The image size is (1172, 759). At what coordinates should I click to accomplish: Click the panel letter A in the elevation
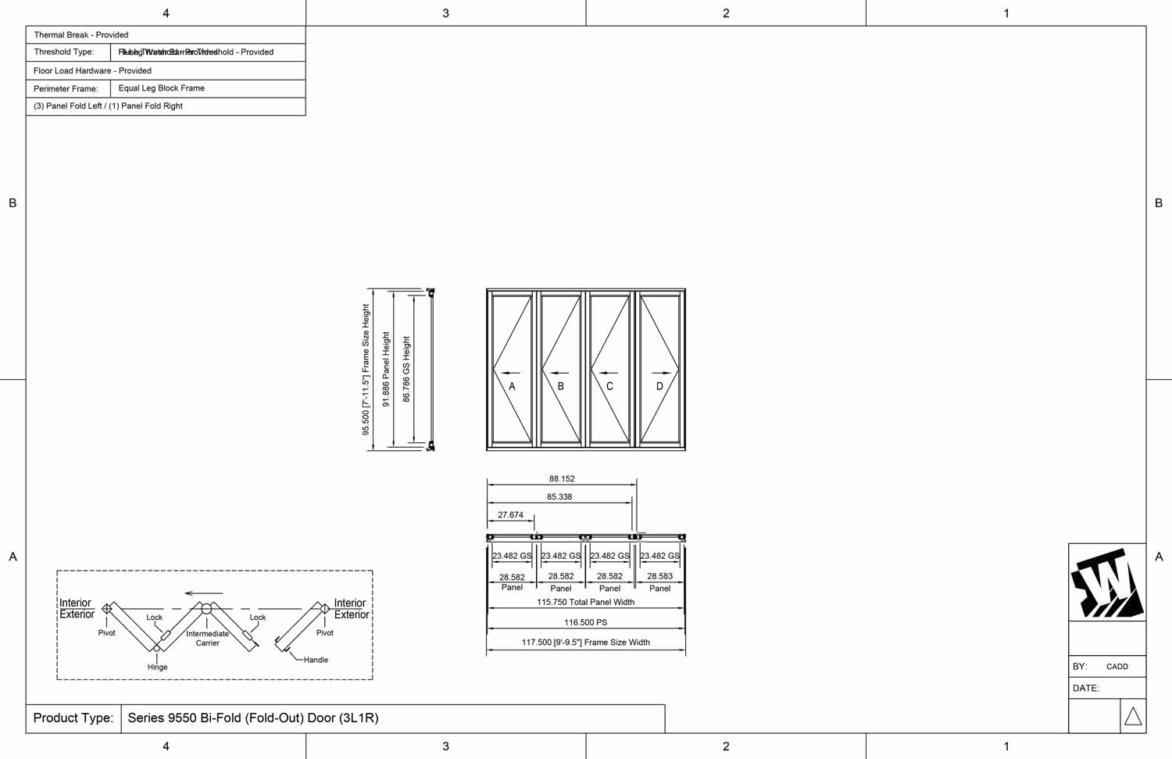point(513,386)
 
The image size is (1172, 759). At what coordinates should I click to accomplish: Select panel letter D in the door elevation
point(659,386)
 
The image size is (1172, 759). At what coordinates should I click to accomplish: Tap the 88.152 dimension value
point(562,478)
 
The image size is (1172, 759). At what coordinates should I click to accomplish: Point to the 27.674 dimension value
point(510,515)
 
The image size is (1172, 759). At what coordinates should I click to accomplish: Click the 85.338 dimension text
point(559,496)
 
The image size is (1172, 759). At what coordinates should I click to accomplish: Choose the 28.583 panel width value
point(659,576)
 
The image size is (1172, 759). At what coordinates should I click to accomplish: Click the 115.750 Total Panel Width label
point(585,602)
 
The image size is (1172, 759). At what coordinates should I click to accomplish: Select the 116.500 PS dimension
point(585,622)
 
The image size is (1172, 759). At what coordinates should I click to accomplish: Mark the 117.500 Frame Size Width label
point(585,643)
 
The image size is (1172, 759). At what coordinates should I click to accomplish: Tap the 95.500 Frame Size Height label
point(366,370)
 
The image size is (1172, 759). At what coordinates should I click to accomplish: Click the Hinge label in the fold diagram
point(157,667)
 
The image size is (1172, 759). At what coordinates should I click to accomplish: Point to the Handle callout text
point(316,660)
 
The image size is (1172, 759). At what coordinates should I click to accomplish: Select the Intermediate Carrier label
point(207,638)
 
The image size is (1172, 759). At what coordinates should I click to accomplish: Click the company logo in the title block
point(1107,583)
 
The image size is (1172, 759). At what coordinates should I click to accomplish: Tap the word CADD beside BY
point(1117,667)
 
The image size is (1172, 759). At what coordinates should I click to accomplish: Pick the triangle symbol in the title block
point(1133,716)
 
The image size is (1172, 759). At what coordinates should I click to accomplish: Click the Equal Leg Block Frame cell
point(162,88)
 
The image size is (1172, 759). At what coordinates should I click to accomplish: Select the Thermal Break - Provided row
point(81,35)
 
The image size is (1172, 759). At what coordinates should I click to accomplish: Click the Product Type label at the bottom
point(73,718)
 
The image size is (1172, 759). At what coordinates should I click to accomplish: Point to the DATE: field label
point(1086,688)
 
